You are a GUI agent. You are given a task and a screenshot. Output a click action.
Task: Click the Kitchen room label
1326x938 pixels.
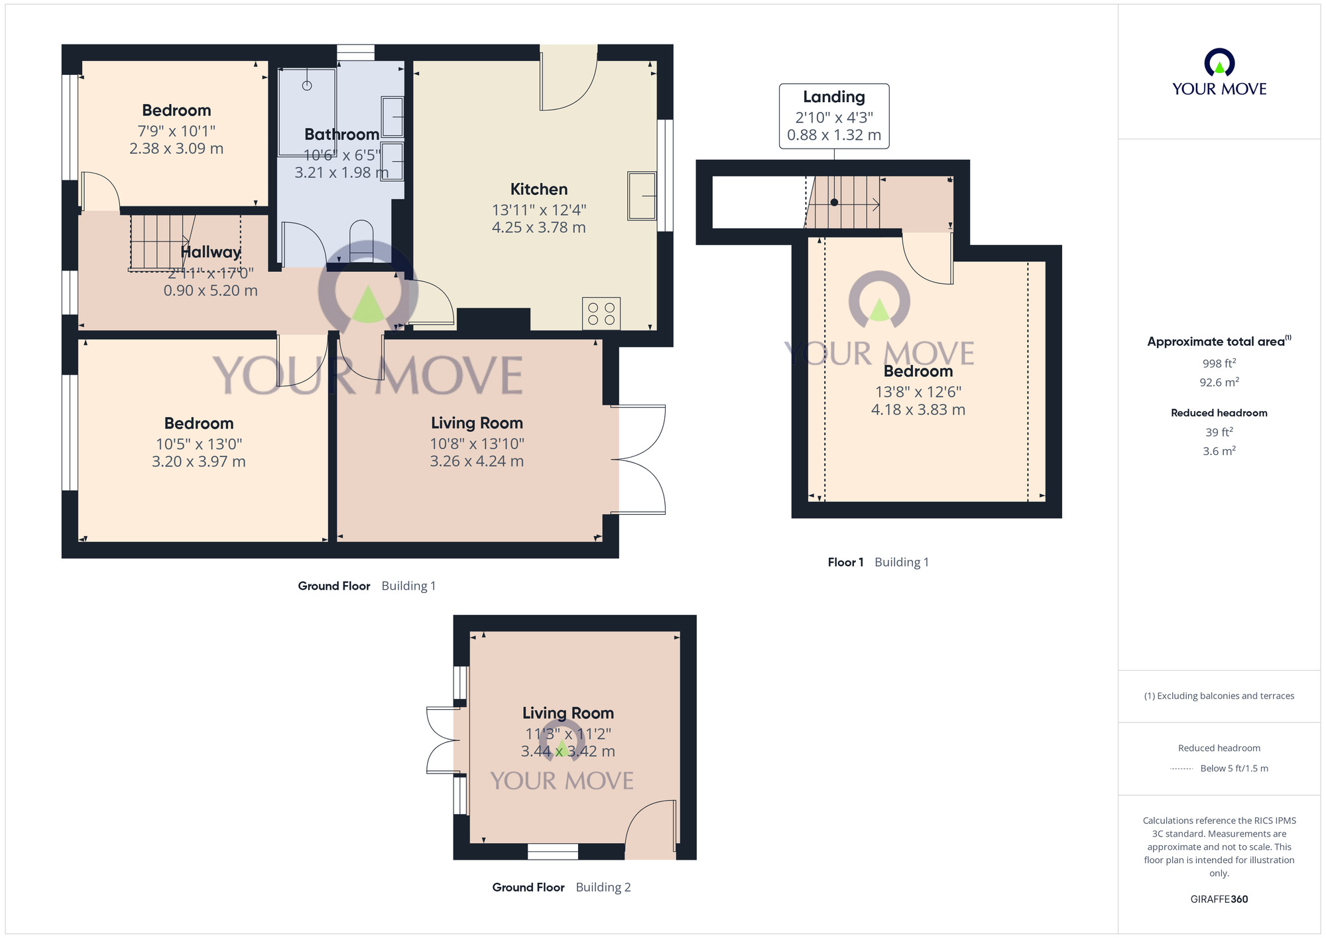point(538,189)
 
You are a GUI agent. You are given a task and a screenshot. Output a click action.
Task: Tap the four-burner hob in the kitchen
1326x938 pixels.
point(601,313)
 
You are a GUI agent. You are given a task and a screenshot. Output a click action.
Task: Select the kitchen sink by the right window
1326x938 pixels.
point(641,196)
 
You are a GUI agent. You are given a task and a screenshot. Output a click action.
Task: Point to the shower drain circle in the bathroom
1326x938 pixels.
point(307,86)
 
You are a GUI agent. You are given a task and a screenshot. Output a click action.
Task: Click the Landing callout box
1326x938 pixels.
point(833,116)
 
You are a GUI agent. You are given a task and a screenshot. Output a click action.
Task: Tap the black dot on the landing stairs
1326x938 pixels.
point(834,202)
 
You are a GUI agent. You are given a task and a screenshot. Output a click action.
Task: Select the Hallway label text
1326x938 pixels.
point(210,252)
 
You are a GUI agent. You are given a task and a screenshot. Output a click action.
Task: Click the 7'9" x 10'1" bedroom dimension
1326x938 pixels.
point(176,131)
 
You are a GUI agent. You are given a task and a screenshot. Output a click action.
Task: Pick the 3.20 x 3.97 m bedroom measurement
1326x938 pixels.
point(198,462)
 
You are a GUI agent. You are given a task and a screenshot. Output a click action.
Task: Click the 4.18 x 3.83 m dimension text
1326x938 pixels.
point(918,410)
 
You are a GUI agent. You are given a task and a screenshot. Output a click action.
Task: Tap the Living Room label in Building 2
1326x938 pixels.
point(568,713)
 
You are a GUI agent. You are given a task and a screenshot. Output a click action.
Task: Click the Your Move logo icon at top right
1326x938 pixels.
point(1219,62)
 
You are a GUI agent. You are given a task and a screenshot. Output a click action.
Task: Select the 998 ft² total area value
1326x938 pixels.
point(1219,364)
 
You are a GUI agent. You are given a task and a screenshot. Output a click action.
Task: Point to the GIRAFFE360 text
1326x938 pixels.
point(1219,900)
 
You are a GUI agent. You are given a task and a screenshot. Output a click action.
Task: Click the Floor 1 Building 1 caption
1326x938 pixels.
point(878,563)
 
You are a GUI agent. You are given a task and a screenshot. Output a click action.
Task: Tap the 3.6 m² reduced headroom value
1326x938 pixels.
point(1219,451)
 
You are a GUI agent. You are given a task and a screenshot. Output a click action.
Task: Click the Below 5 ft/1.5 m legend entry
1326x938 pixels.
point(1233,768)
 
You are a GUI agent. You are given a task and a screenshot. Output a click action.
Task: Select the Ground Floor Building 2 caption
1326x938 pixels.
point(561,888)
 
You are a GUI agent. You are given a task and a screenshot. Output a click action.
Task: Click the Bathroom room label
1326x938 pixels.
point(341,135)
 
